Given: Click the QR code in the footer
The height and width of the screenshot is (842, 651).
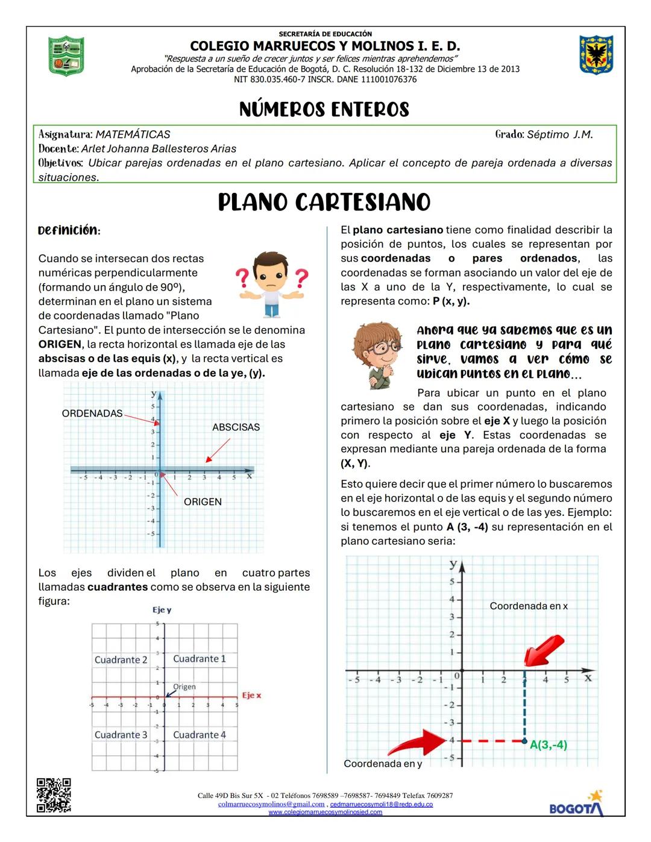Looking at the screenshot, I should pyautogui.click(x=54, y=795).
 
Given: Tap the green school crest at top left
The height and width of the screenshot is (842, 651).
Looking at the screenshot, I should pyautogui.click(x=66, y=55).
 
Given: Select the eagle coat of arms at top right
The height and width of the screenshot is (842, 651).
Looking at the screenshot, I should pyautogui.click(x=596, y=55).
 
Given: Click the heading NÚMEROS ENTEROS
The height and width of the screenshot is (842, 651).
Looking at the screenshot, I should pyautogui.click(x=324, y=110).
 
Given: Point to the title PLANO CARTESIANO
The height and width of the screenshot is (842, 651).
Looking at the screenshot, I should pyautogui.click(x=324, y=203).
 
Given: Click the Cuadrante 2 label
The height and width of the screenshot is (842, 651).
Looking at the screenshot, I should pyautogui.click(x=121, y=660).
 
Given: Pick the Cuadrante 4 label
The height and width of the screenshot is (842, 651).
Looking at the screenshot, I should pyautogui.click(x=200, y=735).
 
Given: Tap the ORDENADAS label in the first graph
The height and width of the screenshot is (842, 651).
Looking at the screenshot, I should pyautogui.click(x=92, y=413).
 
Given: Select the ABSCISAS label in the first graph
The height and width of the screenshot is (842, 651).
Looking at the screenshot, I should pyautogui.click(x=236, y=427).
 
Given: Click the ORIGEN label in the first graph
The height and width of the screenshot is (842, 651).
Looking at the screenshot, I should pyautogui.click(x=203, y=502).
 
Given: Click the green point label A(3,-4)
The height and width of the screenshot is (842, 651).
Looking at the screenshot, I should pyautogui.click(x=549, y=745).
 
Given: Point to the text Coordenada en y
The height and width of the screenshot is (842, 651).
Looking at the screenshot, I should pyautogui.click(x=383, y=764).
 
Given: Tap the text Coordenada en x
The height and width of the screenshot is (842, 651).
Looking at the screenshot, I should pyautogui.click(x=529, y=606).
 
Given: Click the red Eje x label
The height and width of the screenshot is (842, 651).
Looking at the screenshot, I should pyautogui.click(x=251, y=696).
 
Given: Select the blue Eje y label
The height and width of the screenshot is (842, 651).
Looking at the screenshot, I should pyautogui.click(x=162, y=610).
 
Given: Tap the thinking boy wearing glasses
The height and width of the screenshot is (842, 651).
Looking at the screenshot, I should pyautogui.click(x=377, y=355).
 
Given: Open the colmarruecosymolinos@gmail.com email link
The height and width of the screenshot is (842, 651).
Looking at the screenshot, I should pyautogui.click(x=271, y=804).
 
